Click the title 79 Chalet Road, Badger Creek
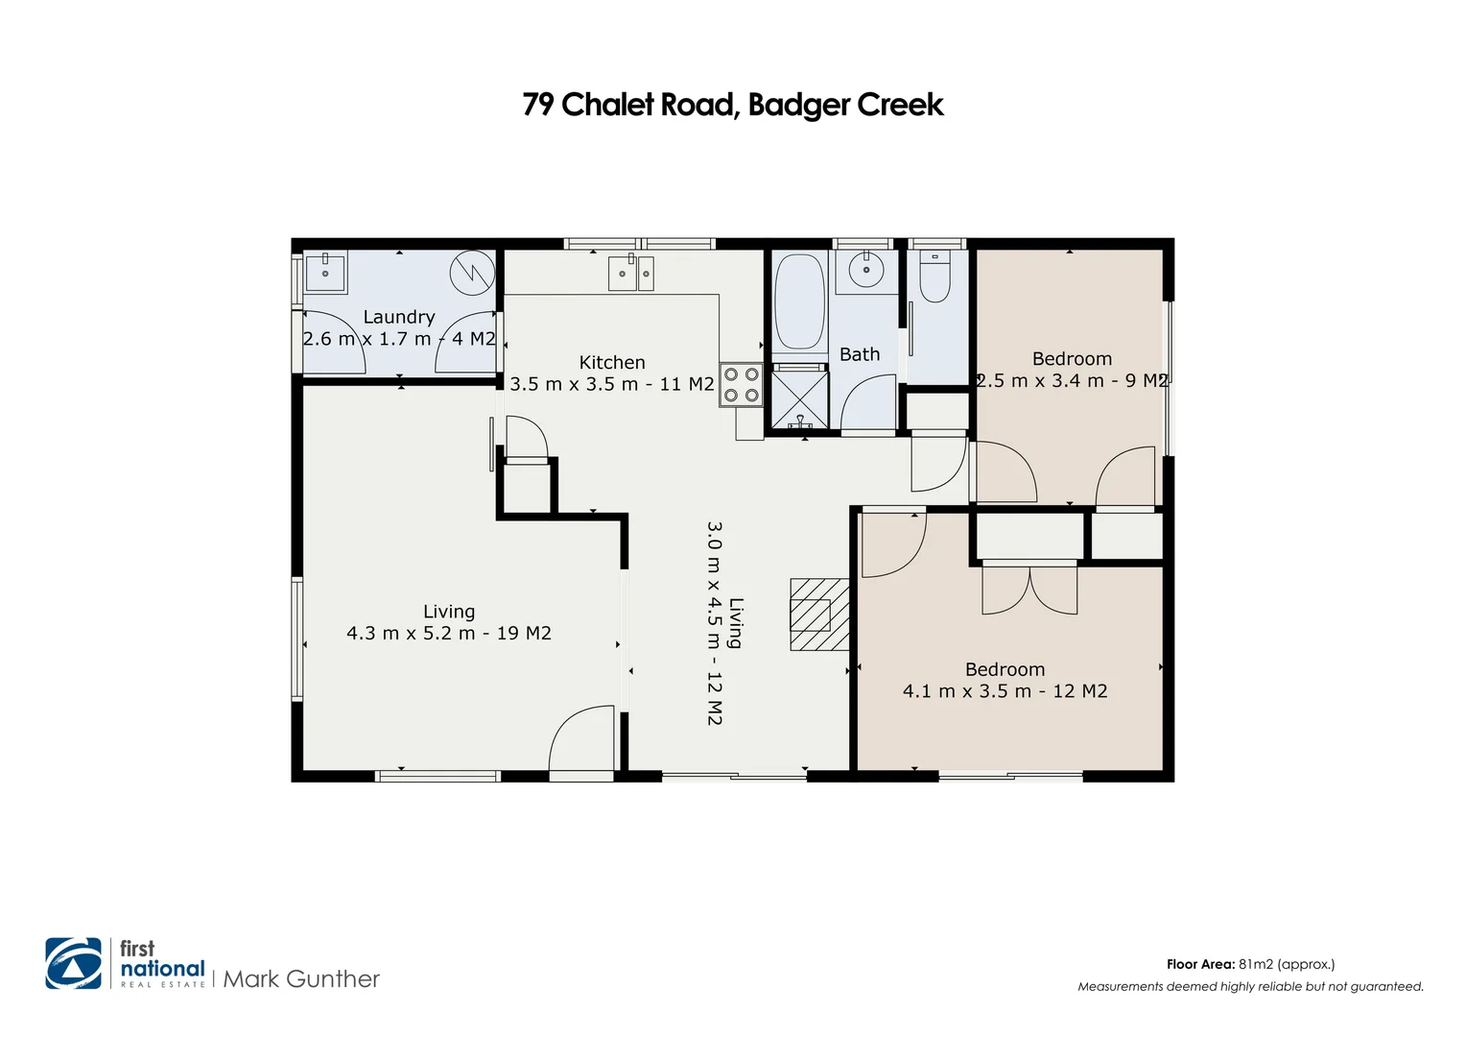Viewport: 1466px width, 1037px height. click(732, 105)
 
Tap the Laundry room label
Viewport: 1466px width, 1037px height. click(399, 317)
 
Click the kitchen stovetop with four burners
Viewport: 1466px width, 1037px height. click(741, 384)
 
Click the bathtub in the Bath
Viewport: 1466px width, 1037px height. click(799, 301)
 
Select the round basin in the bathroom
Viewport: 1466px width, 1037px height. click(866, 271)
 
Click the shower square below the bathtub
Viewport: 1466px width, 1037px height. click(799, 399)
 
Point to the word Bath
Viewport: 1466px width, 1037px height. click(860, 354)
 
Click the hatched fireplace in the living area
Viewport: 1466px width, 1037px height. click(818, 615)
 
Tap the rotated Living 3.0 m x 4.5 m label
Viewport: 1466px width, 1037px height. click(725, 623)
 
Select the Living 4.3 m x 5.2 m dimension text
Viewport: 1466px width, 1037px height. click(449, 634)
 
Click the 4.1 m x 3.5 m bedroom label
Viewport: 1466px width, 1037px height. click(1005, 691)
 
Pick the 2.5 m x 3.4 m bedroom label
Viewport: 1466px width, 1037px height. click(1072, 381)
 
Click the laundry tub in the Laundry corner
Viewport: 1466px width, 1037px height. click(325, 273)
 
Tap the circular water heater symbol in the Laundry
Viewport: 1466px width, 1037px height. click(472, 273)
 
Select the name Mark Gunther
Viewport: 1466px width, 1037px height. click(301, 979)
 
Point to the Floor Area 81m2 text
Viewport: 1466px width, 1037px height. click(1250, 964)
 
